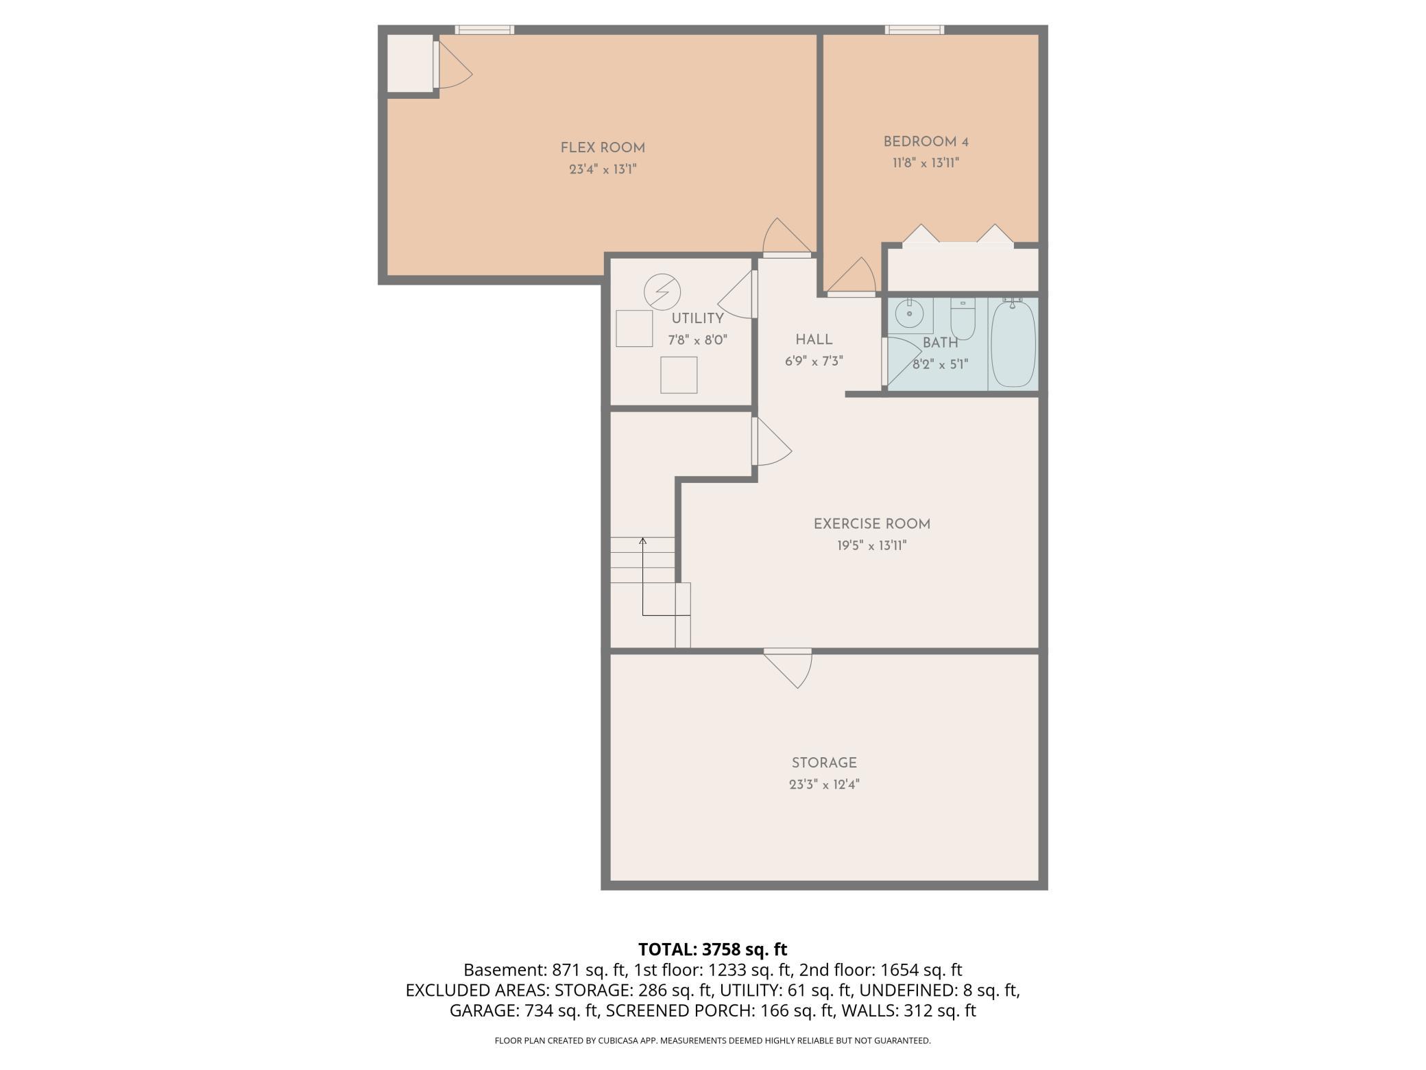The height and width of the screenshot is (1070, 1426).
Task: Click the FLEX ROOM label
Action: [x=603, y=147]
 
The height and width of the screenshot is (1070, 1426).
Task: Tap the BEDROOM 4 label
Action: [x=926, y=142]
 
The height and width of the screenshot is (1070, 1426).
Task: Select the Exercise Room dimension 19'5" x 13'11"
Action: [x=871, y=546]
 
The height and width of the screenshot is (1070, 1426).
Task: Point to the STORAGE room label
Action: [x=824, y=763]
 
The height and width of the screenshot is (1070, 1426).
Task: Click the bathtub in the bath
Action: [x=1013, y=344]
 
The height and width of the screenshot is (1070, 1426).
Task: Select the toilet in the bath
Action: [x=963, y=320]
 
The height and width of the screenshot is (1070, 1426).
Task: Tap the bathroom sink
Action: [x=910, y=316]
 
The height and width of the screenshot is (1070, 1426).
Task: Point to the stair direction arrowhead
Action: [x=643, y=541]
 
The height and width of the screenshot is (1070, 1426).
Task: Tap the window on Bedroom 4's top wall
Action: [x=914, y=29]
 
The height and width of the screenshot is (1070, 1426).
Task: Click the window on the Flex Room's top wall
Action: [x=485, y=29]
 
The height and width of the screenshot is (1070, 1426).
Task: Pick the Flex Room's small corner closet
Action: [x=410, y=62]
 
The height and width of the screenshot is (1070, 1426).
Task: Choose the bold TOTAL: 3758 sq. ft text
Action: [x=713, y=949]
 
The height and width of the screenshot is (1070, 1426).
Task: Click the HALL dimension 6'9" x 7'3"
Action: [x=814, y=361]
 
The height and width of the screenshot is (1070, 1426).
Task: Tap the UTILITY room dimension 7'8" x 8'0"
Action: [x=697, y=340]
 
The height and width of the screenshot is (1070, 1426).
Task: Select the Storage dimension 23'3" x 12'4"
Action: [x=824, y=785]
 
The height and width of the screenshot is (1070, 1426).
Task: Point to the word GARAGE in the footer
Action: [x=483, y=1010]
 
